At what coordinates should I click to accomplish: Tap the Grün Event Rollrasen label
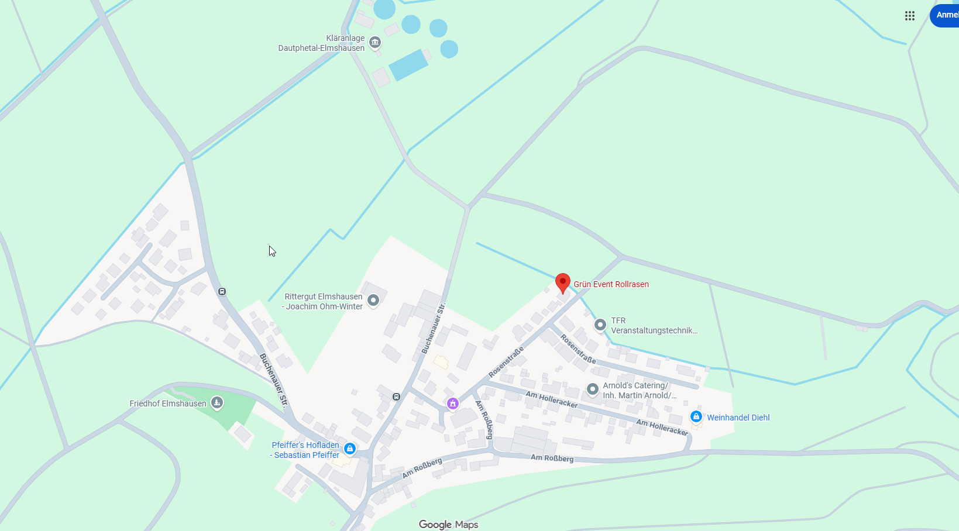(611, 284)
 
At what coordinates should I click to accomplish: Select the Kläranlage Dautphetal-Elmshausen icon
(375, 42)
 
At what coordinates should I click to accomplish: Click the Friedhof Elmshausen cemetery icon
(217, 402)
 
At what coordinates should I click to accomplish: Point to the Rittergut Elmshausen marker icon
(373, 301)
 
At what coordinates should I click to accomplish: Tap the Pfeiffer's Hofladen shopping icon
(350, 449)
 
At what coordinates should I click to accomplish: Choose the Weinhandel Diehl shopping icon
(696, 416)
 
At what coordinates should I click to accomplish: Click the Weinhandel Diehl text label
(738, 418)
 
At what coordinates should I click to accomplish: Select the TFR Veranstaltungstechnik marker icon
(600, 325)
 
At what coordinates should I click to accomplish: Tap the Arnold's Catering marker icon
(592, 389)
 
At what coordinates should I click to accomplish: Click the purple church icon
(452, 404)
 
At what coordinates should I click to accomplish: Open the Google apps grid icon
(909, 16)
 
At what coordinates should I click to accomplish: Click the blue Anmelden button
(945, 15)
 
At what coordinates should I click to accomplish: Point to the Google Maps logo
(448, 525)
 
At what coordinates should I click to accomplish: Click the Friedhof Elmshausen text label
(168, 404)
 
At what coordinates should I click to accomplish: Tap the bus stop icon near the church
(396, 397)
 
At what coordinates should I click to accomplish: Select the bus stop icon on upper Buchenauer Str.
(222, 291)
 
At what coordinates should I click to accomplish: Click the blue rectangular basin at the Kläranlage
(408, 65)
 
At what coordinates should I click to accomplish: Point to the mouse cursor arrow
(271, 251)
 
